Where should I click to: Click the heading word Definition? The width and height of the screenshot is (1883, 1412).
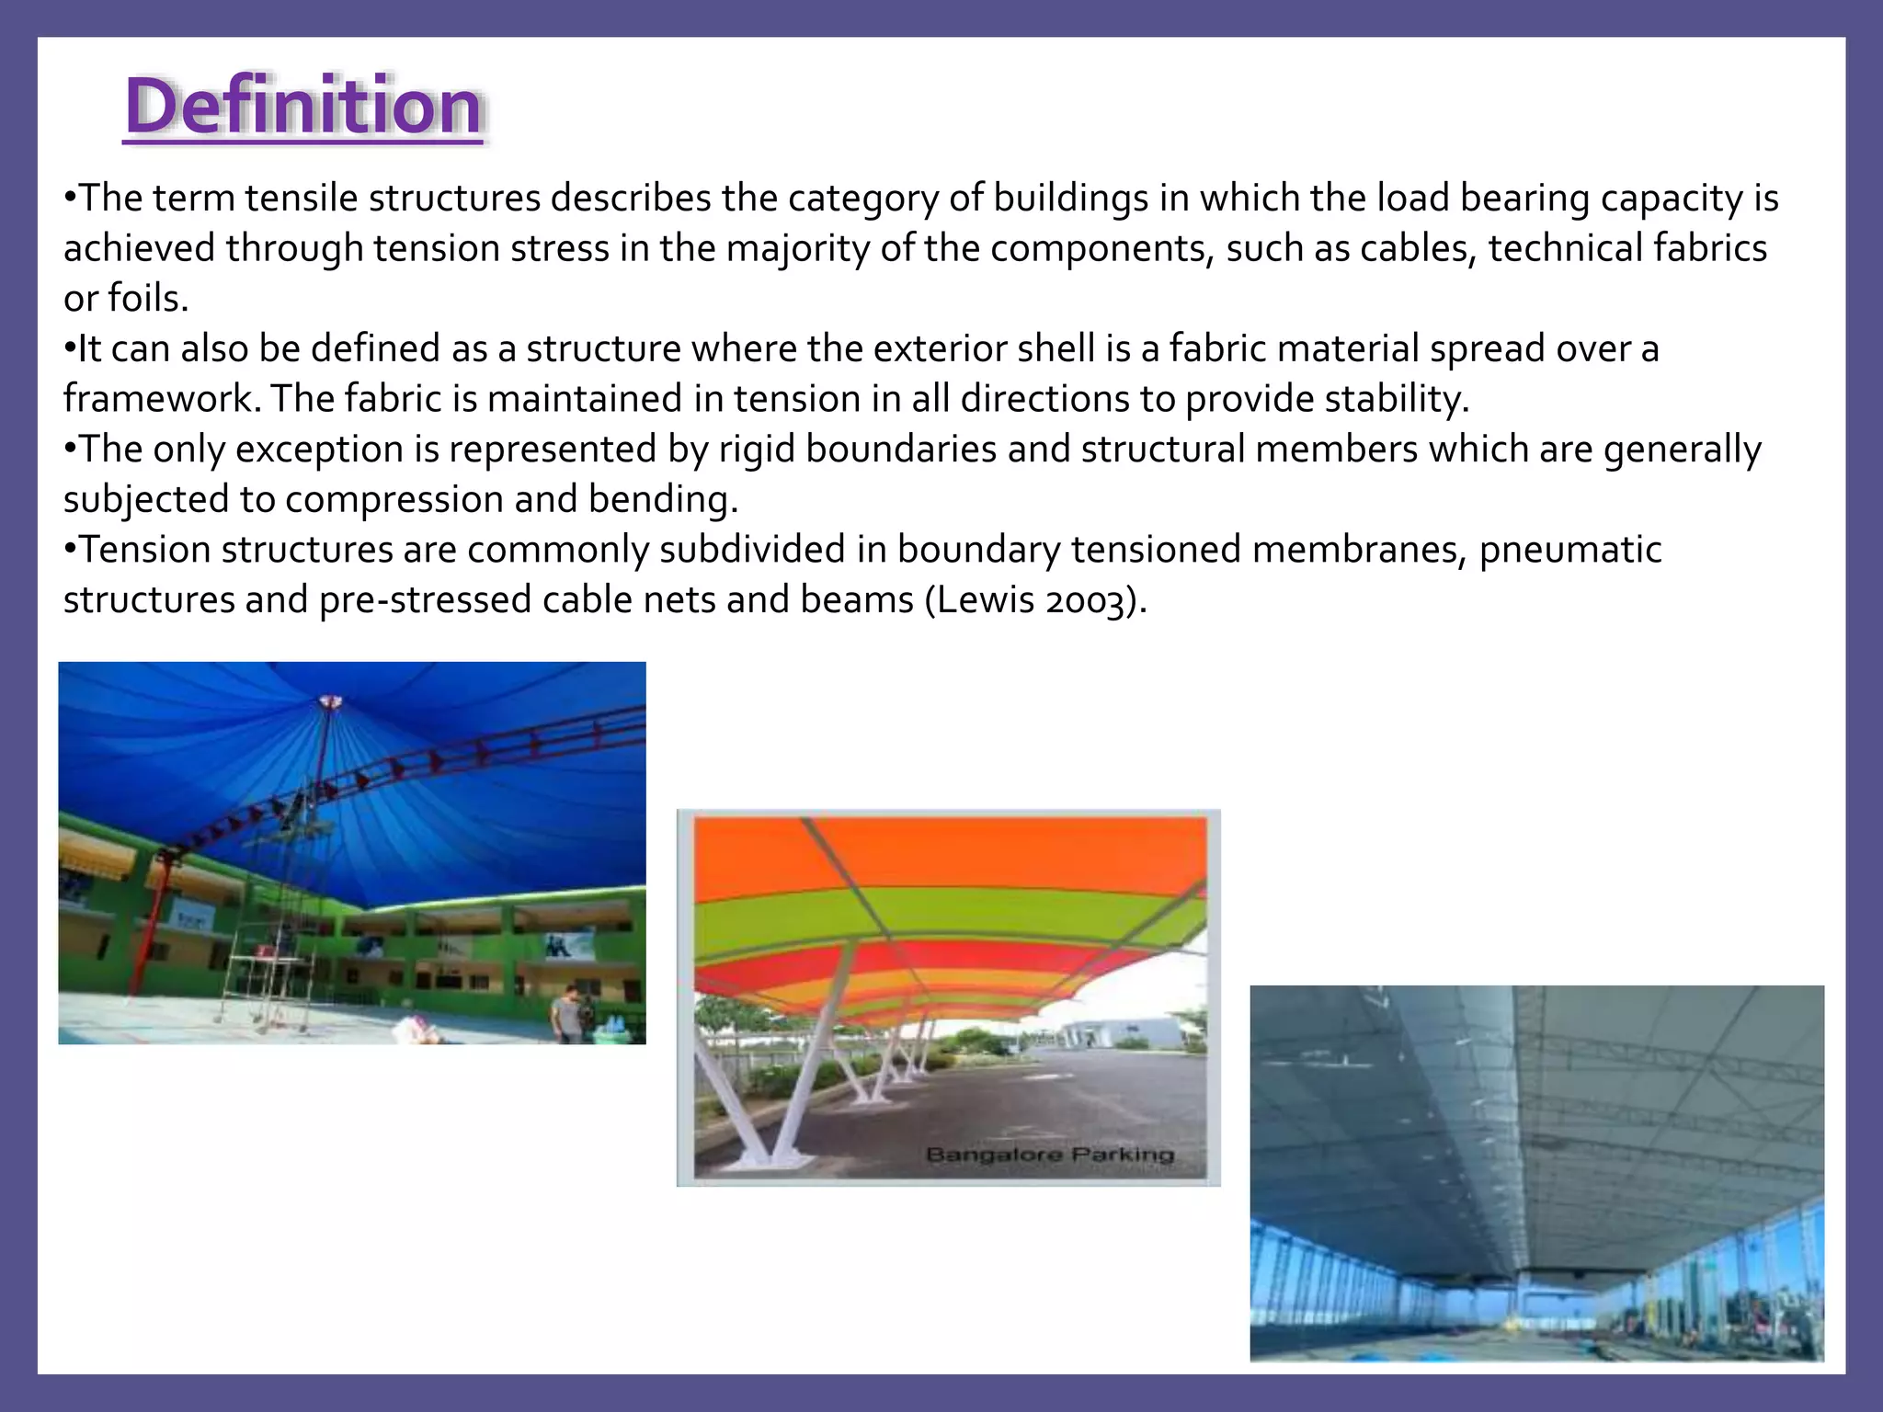pos(303,107)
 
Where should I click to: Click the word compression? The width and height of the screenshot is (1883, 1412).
pos(394,500)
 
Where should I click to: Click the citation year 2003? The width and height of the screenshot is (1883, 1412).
pos(1087,600)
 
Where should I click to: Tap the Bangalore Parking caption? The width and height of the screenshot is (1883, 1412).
pos(1049,1155)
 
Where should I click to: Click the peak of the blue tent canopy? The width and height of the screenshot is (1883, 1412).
pos(329,702)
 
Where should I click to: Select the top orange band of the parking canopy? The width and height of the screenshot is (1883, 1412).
pos(947,850)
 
